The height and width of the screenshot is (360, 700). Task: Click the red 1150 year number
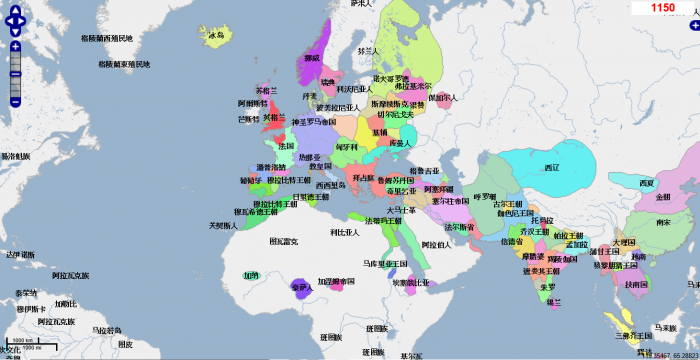click(662, 7)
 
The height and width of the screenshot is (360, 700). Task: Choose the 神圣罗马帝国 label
click(314, 122)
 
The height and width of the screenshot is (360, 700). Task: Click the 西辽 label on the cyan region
click(551, 167)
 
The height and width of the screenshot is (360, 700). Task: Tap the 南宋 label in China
click(662, 223)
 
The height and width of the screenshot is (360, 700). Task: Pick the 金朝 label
click(663, 197)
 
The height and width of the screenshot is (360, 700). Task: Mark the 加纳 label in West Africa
click(252, 274)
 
